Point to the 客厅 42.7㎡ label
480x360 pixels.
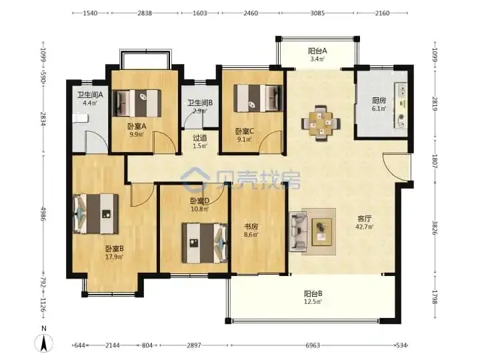(x=364, y=223)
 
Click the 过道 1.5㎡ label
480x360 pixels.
(x=200, y=142)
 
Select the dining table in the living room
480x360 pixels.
(x=321, y=123)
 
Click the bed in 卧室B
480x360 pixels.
(x=96, y=214)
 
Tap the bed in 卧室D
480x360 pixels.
(x=205, y=243)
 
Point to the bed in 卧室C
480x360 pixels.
(x=258, y=98)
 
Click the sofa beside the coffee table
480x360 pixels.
(x=298, y=232)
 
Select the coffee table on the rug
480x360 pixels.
(x=322, y=232)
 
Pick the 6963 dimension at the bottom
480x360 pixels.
(x=313, y=345)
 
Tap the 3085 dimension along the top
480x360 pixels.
(x=317, y=13)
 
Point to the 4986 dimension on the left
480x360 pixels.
(x=43, y=214)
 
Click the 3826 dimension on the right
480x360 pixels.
(x=435, y=227)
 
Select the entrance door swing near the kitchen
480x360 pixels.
(x=395, y=168)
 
